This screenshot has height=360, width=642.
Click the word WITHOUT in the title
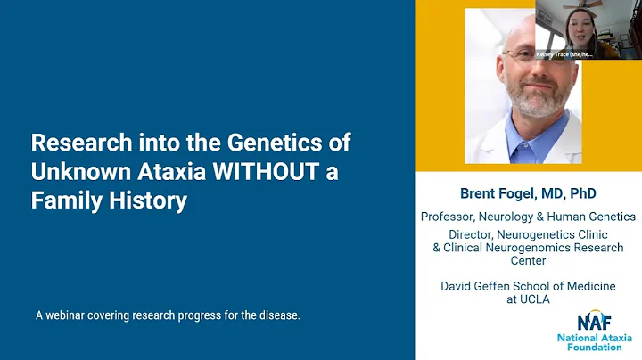coord(263,171)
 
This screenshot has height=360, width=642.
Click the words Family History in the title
coord(109,200)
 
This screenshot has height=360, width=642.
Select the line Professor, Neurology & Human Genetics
coord(528,216)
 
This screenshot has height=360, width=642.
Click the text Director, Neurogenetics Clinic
coord(528,234)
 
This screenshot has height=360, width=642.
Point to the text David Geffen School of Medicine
coord(528,286)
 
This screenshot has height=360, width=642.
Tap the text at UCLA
coord(528,299)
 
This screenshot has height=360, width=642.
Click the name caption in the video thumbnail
coord(563,53)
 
